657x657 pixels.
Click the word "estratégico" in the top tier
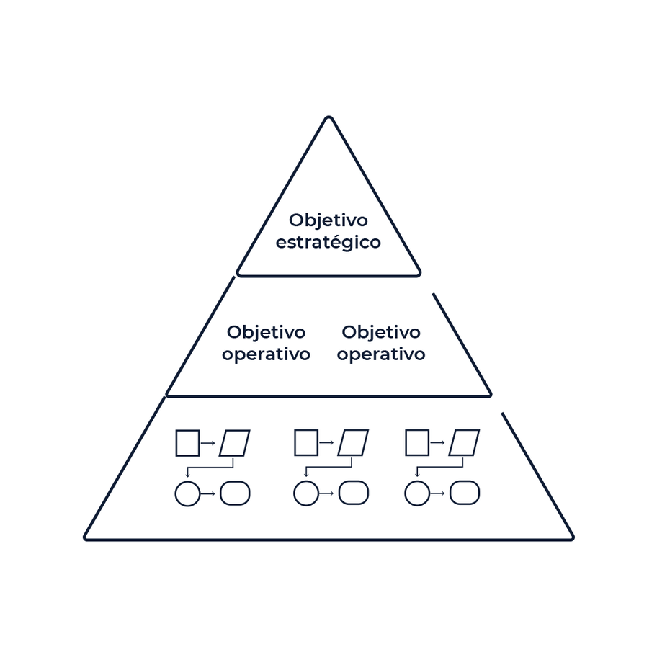(328, 242)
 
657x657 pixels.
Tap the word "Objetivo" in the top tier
(328, 220)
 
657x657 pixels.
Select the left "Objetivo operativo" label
(266, 343)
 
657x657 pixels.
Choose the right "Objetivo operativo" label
(381, 343)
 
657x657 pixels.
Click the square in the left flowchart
(187, 443)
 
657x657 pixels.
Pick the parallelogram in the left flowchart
(235, 443)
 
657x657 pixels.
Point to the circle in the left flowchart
(187, 493)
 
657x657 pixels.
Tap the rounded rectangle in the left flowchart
(235, 493)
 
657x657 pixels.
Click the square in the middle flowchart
(306, 443)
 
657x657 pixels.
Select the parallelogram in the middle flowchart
(353, 443)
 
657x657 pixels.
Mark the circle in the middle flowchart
(306, 493)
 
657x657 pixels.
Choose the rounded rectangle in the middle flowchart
(353, 493)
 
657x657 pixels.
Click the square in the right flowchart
(417, 443)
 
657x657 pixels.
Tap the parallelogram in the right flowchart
(464, 443)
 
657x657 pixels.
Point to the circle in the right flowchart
(417, 493)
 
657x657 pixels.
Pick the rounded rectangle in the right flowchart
(464, 493)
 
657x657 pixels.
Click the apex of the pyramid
(328, 118)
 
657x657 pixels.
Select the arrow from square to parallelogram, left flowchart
(208, 443)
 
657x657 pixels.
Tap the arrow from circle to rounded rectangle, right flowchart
(437, 493)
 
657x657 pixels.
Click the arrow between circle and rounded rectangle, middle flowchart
(326, 493)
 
